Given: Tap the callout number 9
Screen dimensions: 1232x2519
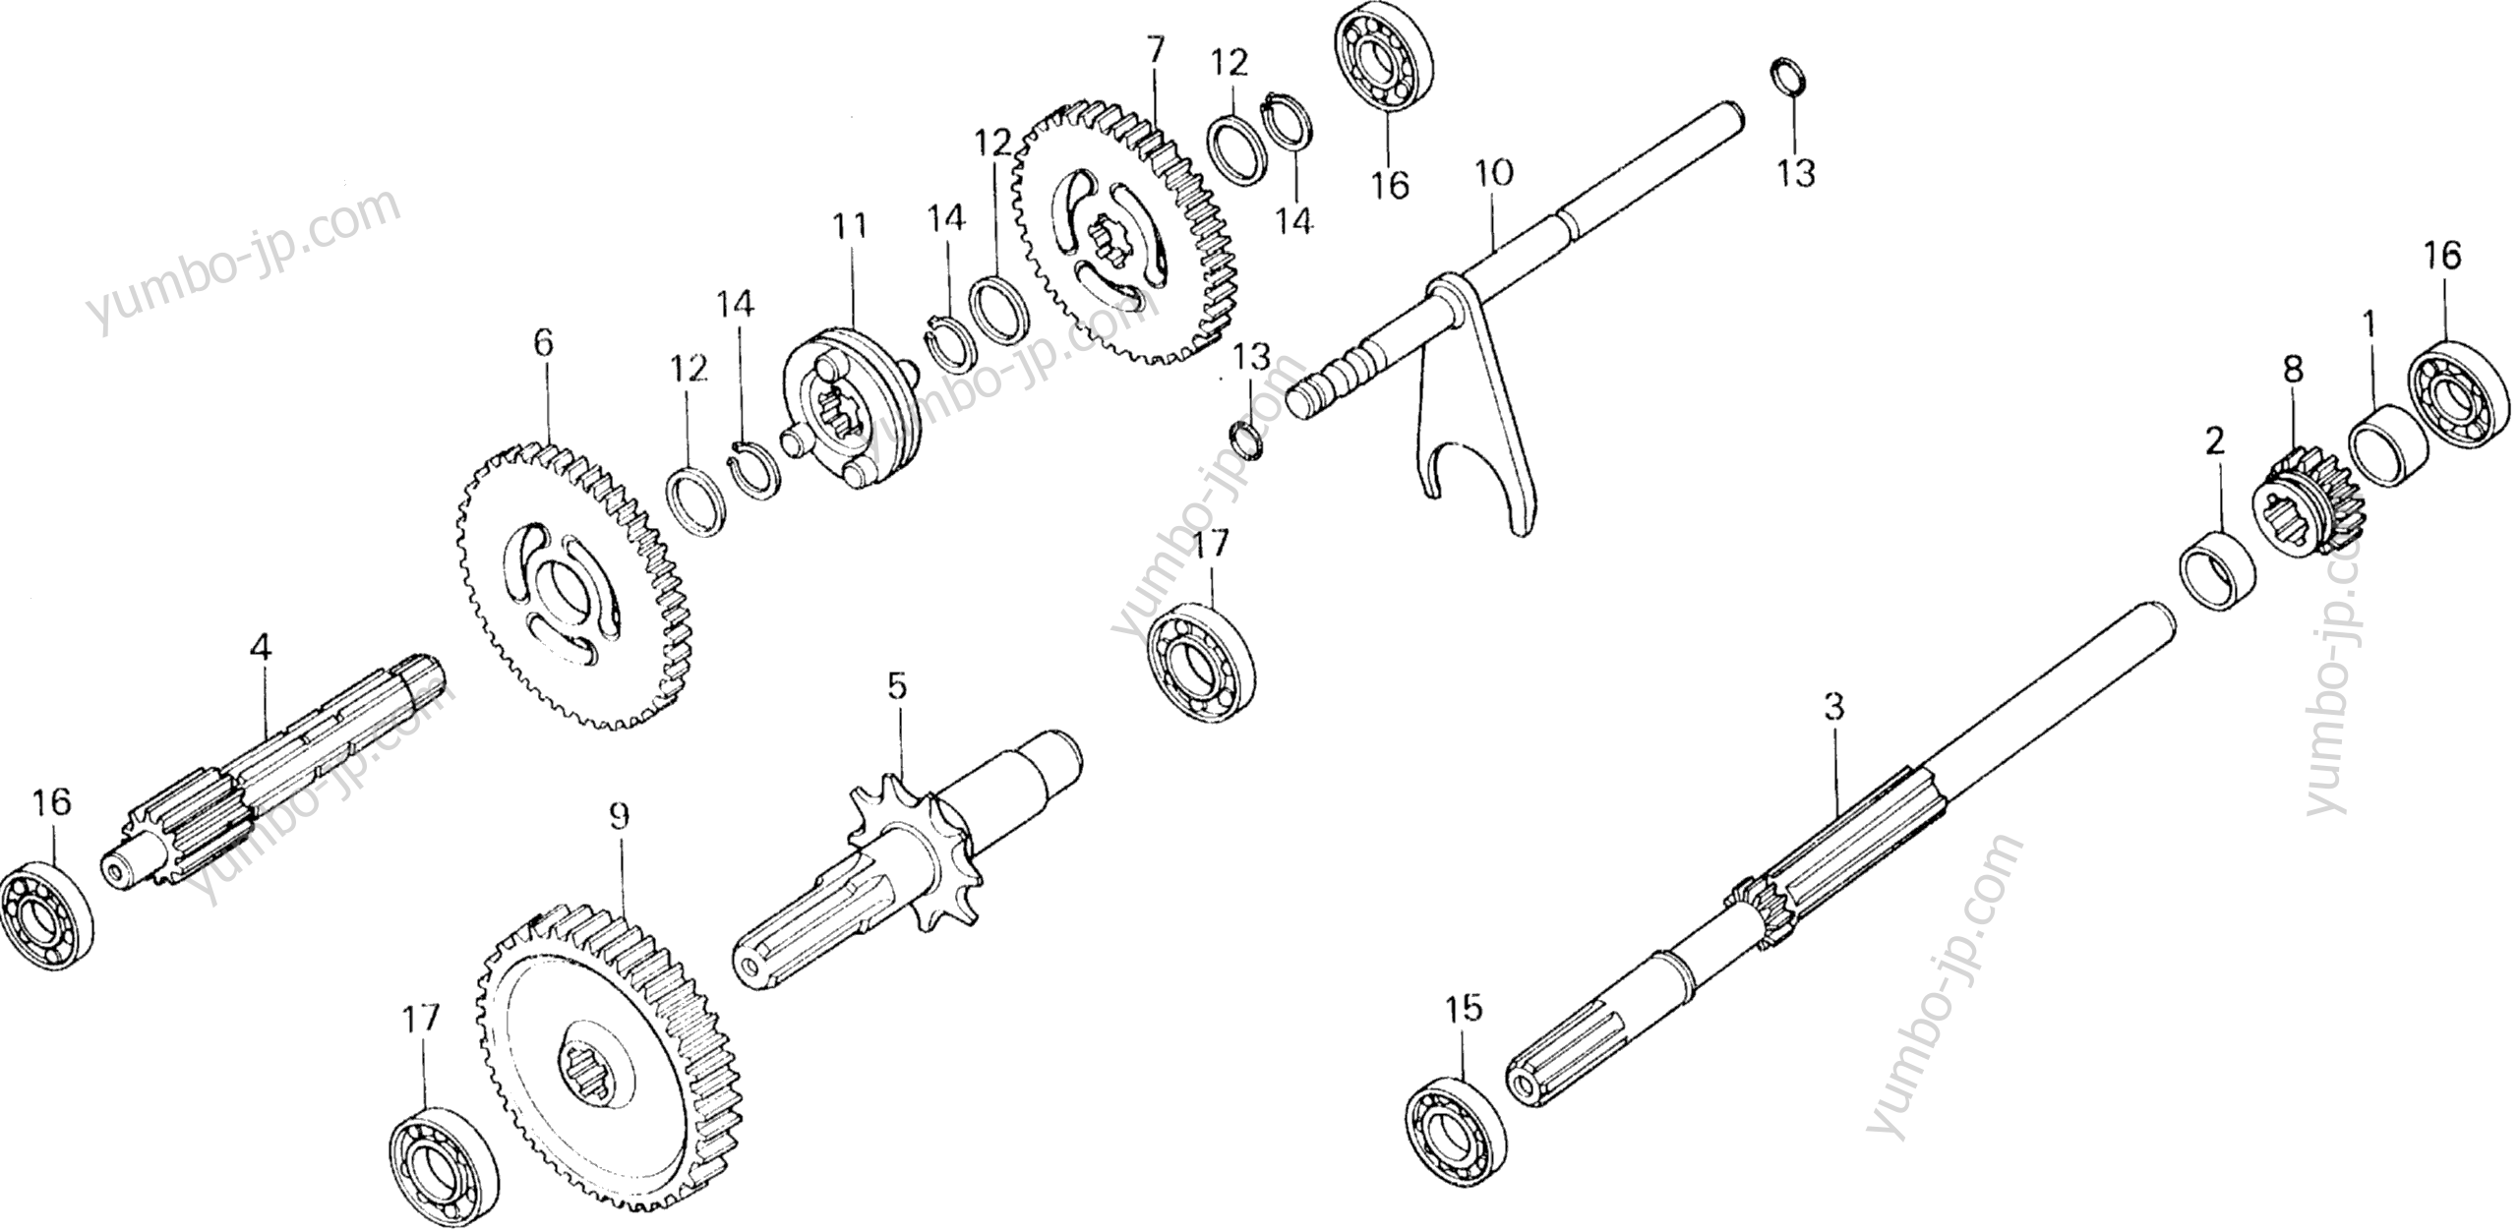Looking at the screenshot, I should click(x=618, y=818).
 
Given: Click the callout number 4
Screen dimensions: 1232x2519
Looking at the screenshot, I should click(x=260, y=648).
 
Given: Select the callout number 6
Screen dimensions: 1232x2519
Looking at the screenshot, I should click(x=543, y=342).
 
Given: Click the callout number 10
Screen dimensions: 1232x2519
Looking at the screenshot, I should click(x=1494, y=175).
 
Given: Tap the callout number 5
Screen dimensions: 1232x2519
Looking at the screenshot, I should click(x=896, y=686).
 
